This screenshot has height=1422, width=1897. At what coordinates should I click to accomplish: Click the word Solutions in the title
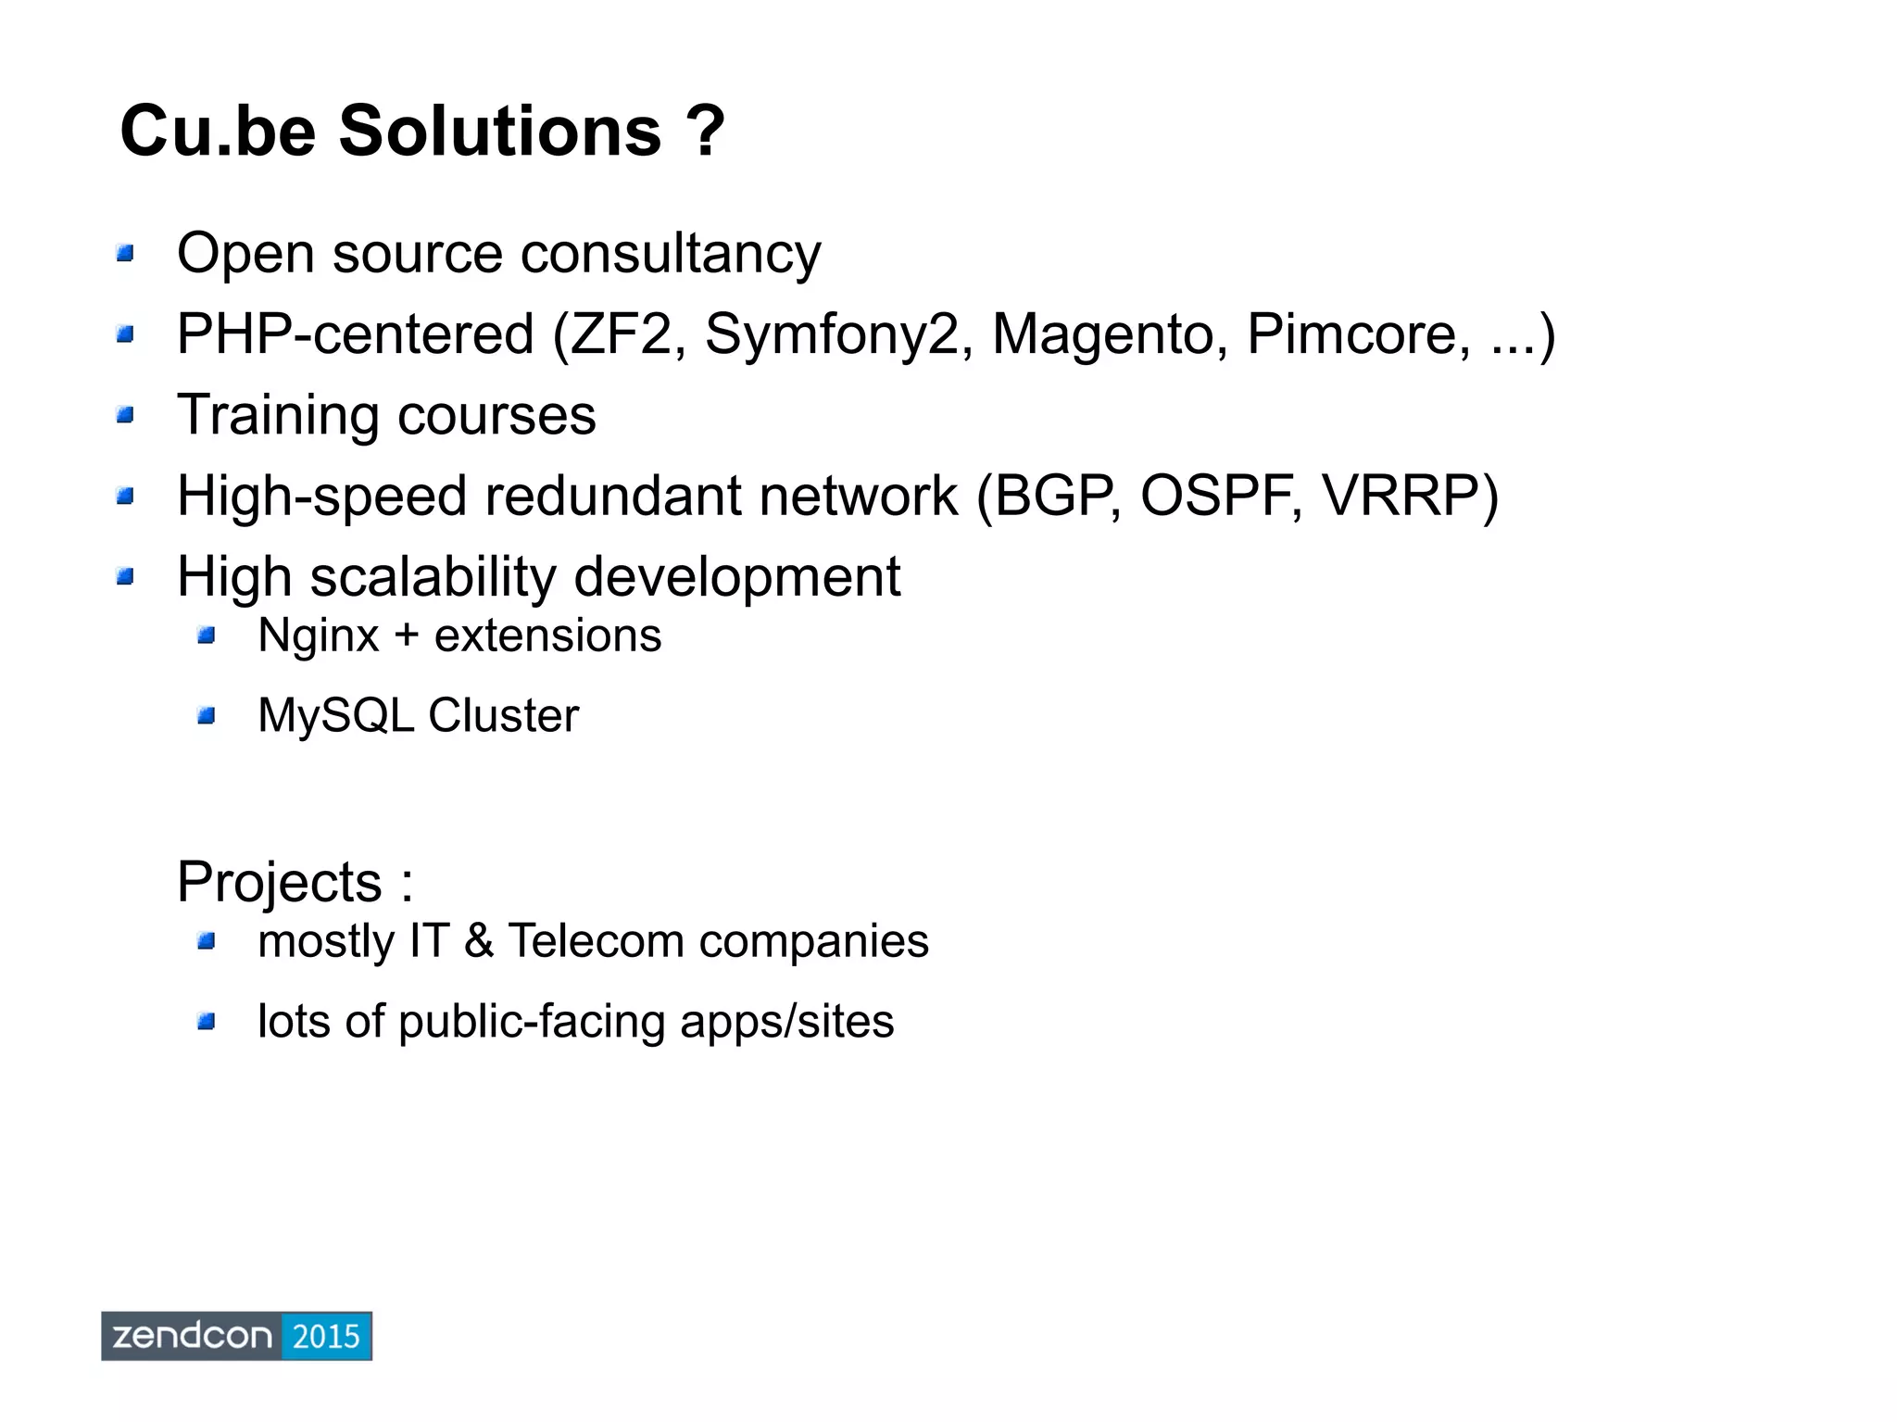[x=500, y=132]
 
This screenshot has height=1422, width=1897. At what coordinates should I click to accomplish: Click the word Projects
[x=279, y=882]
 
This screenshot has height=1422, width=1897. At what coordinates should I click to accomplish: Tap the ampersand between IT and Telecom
[x=479, y=941]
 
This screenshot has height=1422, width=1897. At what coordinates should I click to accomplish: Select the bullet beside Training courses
[x=125, y=415]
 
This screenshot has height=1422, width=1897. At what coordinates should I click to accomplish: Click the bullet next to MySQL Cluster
[x=206, y=716]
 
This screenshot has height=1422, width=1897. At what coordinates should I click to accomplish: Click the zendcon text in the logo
[x=192, y=1336]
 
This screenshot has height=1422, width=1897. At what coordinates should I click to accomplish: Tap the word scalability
[x=432, y=577]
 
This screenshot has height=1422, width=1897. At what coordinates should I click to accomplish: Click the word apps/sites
[x=786, y=1022]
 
